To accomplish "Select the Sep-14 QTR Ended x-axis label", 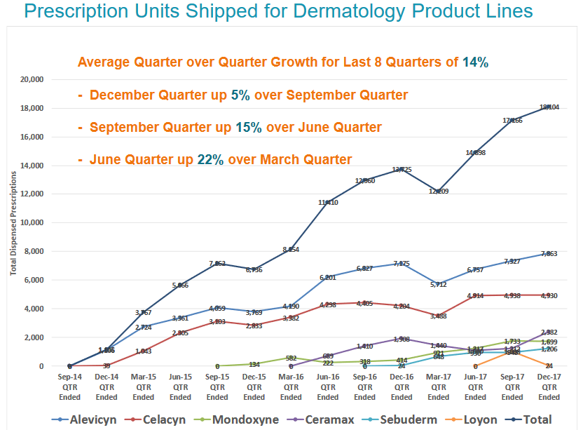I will point(70,387).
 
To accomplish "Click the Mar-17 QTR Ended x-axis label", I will point(439,387).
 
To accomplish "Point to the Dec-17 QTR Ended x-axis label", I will point(549,387).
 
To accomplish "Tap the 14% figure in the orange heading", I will point(475,62).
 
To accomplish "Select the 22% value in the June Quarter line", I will point(210,159).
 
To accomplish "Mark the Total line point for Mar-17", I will point(439,191).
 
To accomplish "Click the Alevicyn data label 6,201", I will point(328,278).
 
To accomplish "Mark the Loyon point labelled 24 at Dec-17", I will point(549,365).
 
